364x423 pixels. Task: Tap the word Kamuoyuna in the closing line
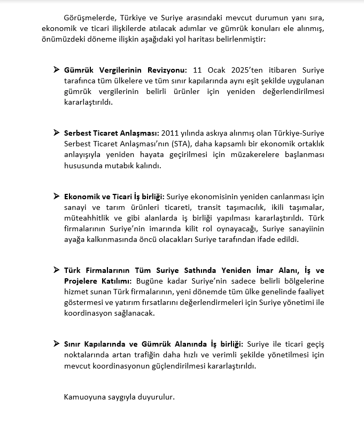[x=83, y=398]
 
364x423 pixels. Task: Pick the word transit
[x=211, y=207]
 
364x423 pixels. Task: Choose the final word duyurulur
[x=157, y=398]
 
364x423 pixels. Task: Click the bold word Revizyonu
[x=169, y=70]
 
